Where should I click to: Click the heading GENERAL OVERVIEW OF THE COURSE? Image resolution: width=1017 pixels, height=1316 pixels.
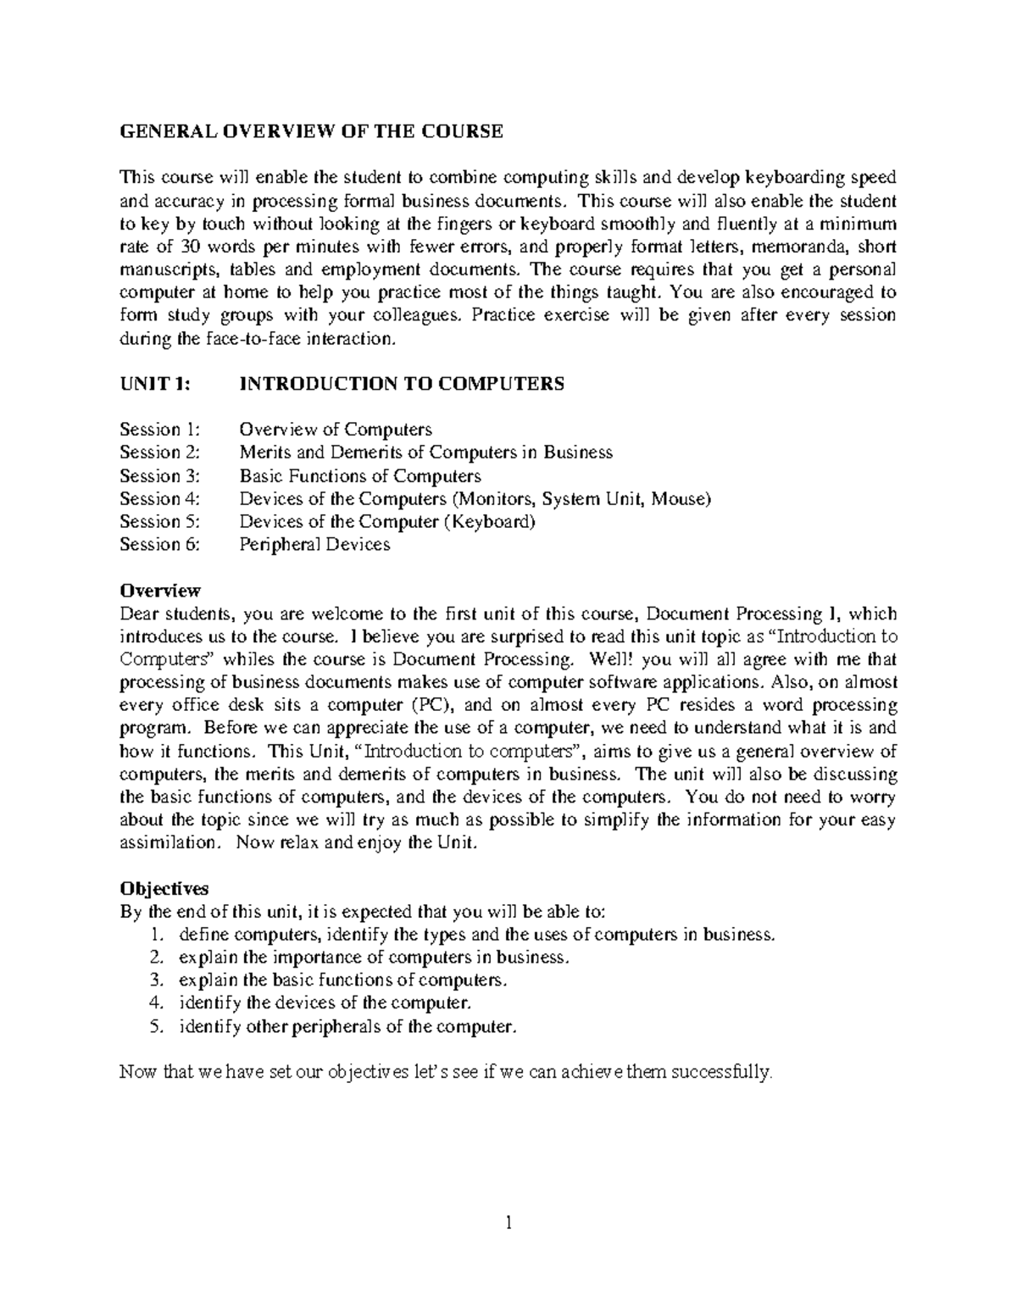tap(311, 131)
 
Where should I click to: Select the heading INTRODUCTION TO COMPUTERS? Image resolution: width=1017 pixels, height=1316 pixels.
tap(402, 384)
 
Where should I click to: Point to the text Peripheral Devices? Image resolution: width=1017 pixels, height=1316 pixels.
tap(314, 544)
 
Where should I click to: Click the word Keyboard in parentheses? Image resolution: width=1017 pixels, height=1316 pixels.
tap(490, 521)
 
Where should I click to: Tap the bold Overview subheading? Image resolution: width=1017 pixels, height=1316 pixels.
tap(160, 590)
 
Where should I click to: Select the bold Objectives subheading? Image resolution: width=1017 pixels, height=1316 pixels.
tap(164, 889)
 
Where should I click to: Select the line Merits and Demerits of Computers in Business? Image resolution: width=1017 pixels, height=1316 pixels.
tap(425, 453)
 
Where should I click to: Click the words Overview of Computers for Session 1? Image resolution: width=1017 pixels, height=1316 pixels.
tap(336, 430)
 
